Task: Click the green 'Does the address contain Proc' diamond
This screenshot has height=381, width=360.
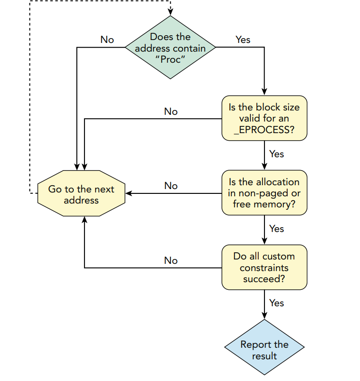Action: tap(170, 47)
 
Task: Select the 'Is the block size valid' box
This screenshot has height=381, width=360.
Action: tap(264, 118)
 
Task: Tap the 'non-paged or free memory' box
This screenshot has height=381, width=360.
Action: tap(264, 193)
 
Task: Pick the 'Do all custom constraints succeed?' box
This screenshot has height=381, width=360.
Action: tap(264, 267)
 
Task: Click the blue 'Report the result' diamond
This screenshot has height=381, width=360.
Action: tap(264, 347)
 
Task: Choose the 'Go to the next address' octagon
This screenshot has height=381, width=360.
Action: tap(81, 193)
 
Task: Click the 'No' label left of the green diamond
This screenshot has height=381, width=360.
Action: tap(107, 40)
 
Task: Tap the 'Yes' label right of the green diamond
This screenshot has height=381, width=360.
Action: tap(243, 40)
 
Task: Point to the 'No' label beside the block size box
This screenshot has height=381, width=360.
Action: tap(171, 111)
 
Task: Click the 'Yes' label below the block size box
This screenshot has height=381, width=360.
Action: tap(277, 154)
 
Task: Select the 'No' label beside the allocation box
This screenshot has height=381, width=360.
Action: tap(171, 186)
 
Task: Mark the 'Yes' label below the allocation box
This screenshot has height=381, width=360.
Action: tap(277, 229)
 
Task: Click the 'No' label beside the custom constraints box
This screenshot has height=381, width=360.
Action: tap(171, 260)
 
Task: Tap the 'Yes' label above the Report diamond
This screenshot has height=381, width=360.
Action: tap(277, 303)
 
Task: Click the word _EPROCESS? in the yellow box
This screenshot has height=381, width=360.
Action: tap(264, 130)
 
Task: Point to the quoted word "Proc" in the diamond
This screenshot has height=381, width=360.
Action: tap(170, 59)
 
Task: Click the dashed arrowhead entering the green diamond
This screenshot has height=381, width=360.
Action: tap(170, 12)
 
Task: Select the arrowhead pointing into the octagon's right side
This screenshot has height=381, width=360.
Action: tap(129, 193)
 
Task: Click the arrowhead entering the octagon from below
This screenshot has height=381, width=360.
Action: tap(84, 220)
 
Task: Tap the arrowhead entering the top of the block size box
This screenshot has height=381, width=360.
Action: tap(264, 92)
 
